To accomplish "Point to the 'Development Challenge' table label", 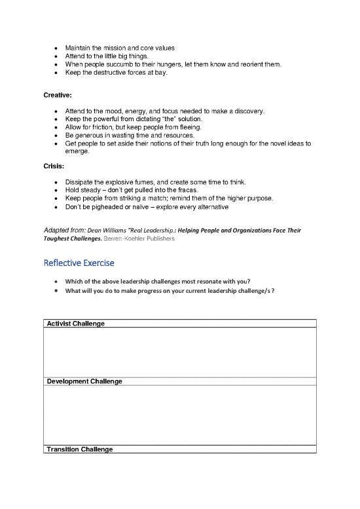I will click(x=83, y=381).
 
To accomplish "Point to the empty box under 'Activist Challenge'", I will click(x=179, y=352).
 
